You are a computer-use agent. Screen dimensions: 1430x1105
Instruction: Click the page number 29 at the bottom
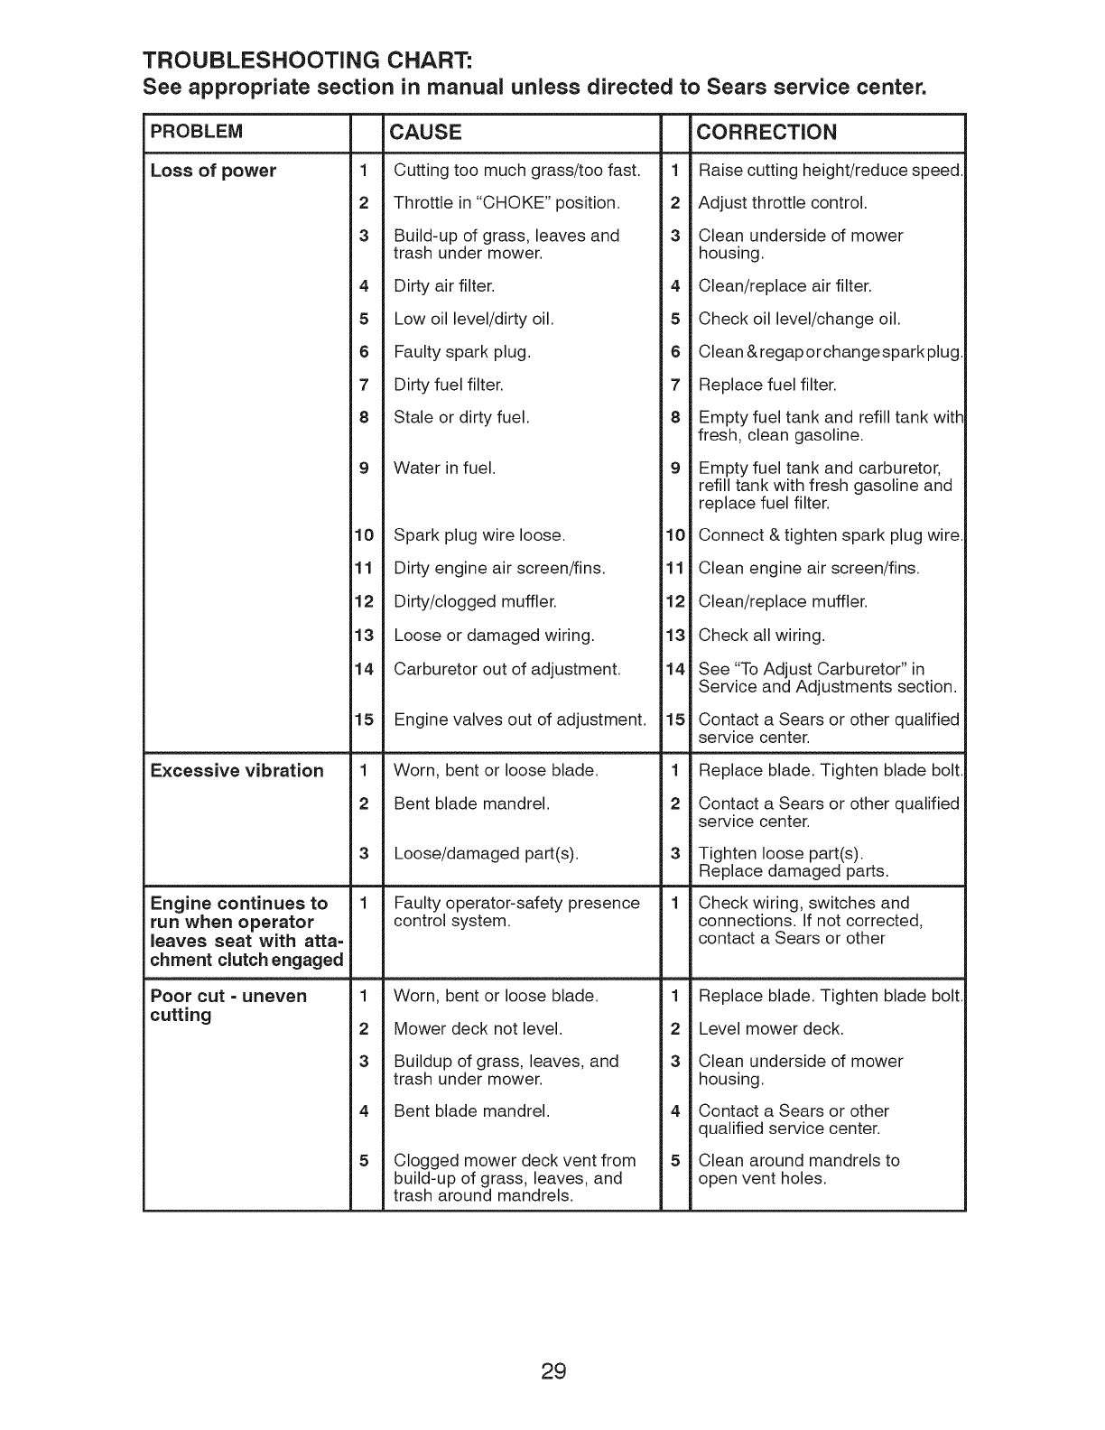tap(553, 1347)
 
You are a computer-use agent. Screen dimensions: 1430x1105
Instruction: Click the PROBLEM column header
tap(196, 132)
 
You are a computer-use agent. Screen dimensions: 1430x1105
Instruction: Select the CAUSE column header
tap(424, 132)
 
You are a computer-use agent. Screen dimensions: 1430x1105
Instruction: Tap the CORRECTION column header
tap(767, 132)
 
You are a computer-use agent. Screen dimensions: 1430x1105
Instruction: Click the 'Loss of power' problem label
tap(213, 171)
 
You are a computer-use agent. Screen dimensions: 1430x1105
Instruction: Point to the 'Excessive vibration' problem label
tap(237, 770)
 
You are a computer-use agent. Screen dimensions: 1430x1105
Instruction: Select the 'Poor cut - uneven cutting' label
tap(228, 1005)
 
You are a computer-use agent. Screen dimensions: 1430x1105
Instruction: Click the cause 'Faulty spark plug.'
tap(462, 351)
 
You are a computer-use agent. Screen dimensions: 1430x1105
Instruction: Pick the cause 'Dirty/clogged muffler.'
tap(475, 601)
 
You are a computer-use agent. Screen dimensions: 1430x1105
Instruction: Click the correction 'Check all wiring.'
tap(762, 635)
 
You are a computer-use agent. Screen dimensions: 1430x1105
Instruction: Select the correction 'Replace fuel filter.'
tap(767, 385)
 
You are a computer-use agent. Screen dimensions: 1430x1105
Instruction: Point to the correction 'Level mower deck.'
tap(771, 1028)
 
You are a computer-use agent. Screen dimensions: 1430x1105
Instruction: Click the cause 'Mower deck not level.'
tap(478, 1028)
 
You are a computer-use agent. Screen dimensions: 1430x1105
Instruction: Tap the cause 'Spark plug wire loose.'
tap(479, 535)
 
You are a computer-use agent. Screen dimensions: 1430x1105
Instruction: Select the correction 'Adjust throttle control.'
tap(783, 202)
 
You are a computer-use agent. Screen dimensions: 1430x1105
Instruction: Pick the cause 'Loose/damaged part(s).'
tap(487, 853)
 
